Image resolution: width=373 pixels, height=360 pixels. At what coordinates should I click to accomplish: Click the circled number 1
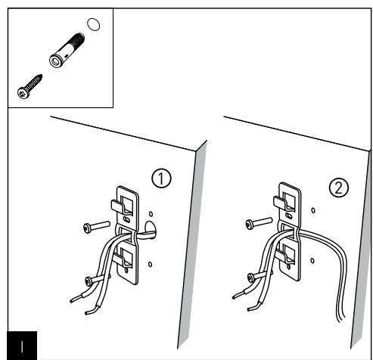tap(161, 178)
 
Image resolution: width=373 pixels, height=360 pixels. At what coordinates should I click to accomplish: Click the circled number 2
tap(339, 188)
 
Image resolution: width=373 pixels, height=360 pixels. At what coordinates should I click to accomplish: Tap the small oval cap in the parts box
tap(93, 24)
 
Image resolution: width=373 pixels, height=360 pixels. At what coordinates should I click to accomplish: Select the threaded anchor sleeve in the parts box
tap(67, 51)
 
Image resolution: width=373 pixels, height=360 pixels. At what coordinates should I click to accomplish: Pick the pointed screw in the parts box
tap(30, 86)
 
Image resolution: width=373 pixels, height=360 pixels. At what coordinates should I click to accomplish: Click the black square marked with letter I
tap(22, 346)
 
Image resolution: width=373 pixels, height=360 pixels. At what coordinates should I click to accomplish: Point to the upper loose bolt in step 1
tap(97, 227)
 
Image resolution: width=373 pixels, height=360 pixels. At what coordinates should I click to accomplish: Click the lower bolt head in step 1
tap(89, 281)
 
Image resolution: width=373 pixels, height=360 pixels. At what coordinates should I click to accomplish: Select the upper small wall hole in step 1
tap(151, 214)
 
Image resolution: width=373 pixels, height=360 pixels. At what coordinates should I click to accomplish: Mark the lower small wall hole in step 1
tap(150, 264)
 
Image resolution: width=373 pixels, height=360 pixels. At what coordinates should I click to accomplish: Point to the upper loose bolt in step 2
tap(259, 223)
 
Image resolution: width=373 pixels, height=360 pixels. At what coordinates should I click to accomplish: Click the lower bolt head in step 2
tap(251, 278)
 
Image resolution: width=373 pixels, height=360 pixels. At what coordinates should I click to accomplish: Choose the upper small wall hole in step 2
tap(313, 210)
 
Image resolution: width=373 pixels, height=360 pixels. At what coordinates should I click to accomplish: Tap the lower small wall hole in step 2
tap(312, 261)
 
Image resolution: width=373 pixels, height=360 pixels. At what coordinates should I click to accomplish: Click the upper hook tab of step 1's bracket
tap(117, 206)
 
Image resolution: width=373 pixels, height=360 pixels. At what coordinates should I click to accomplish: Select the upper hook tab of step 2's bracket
tap(280, 203)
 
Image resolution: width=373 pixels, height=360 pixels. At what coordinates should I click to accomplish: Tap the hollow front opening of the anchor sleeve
tap(55, 61)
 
